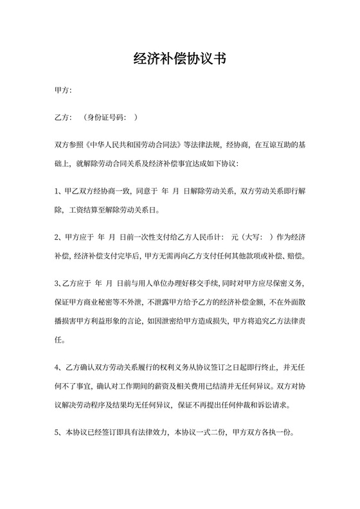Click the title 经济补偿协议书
click(179, 59)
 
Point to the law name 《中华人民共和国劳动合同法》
click(132, 145)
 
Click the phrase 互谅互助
click(272, 145)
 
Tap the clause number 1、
click(59, 191)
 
